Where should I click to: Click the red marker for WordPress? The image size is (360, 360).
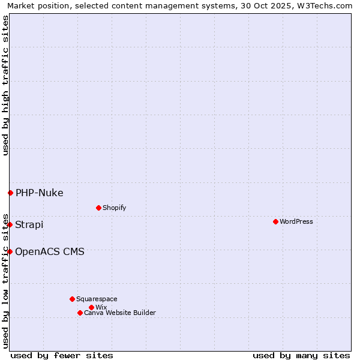(x=275, y=221)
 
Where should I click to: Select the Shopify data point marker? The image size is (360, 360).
(x=98, y=208)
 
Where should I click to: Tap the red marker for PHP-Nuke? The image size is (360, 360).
(x=10, y=193)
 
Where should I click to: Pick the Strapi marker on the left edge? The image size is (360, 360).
(x=10, y=224)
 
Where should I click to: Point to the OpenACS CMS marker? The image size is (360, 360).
(x=10, y=251)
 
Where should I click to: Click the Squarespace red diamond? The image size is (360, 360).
(x=72, y=299)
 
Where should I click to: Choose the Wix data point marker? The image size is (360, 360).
(x=91, y=307)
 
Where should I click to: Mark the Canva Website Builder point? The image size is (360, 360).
(x=80, y=313)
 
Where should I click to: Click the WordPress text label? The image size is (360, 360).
(x=296, y=221)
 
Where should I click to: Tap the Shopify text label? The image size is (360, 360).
(x=115, y=208)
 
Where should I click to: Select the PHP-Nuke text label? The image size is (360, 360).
(x=40, y=193)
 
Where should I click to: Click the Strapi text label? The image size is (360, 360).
(x=29, y=224)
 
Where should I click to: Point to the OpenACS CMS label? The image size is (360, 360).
(x=50, y=251)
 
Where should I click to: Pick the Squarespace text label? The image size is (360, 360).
(x=97, y=299)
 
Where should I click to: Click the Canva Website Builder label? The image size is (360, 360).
(x=120, y=313)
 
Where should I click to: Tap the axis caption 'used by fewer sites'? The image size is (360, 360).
(x=62, y=355)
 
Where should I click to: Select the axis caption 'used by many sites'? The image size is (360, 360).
(x=301, y=355)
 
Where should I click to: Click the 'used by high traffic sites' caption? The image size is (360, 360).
(x=5, y=85)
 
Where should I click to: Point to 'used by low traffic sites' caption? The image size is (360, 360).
(x=5, y=280)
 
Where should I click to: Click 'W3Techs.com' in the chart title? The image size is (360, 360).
(x=327, y=5)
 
